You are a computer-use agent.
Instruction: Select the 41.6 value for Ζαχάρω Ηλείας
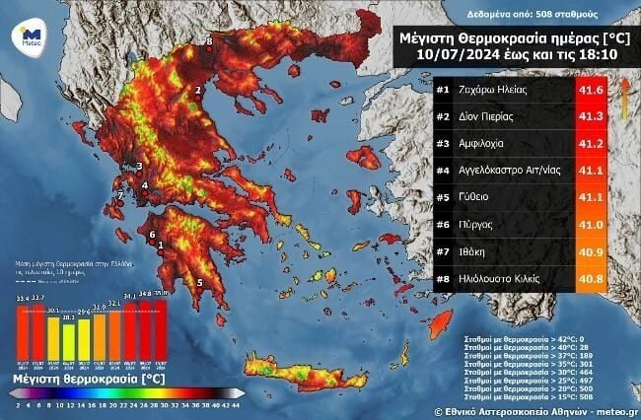click(589, 91)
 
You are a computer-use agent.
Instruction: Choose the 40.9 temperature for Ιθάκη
click(589, 251)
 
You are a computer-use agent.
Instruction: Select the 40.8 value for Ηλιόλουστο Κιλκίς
click(589, 278)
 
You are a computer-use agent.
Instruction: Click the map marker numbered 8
click(209, 40)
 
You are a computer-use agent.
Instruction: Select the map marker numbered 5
click(200, 283)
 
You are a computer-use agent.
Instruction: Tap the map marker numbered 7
click(120, 196)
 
